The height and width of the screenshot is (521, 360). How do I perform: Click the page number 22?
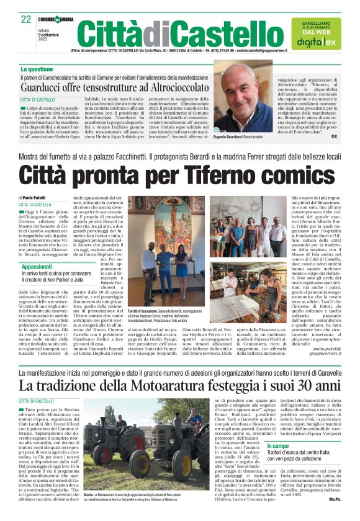click(26, 19)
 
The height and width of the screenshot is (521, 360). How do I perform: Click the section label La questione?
click(37, 69)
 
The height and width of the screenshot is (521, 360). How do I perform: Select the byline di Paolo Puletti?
click(35, 197)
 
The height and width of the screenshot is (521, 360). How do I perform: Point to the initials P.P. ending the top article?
click(335, 135)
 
